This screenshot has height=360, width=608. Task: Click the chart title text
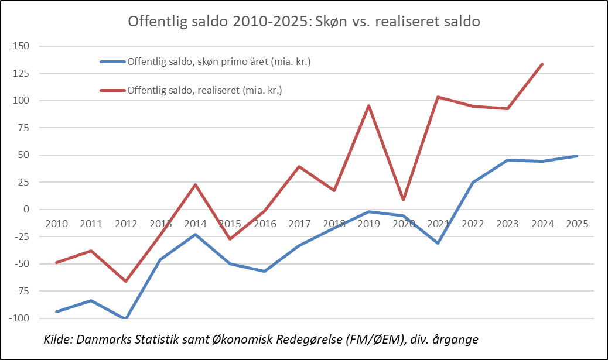304,22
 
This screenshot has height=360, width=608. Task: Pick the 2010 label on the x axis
56,224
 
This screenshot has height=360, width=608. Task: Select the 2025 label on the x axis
576,224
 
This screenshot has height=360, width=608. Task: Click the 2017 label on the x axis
299,224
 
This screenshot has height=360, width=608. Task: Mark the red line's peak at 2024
542,64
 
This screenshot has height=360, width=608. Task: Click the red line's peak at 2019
368,106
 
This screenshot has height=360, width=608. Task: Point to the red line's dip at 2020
403,200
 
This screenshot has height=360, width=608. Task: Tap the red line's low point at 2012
125,281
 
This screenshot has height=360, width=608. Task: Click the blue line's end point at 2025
576,156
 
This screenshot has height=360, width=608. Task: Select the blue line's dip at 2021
438,243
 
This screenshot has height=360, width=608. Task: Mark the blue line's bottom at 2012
125,318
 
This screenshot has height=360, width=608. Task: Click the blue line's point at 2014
195,235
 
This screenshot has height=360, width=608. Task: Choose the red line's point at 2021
438,97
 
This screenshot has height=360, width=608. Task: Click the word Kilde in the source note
57,340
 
